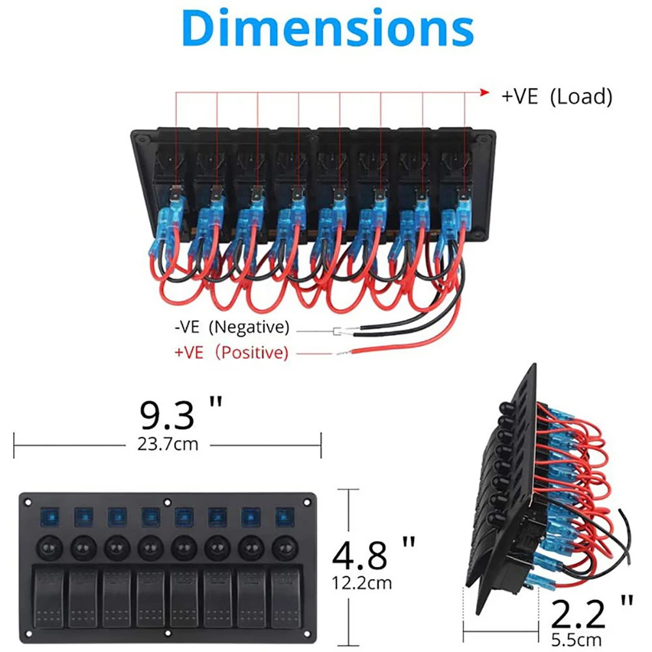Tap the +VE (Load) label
pyautogui.click(x=557, y=97)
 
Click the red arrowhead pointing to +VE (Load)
pyautogui.click(x=484, y=93)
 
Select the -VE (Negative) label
pyautogui.click(x=232, y=326)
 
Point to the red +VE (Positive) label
pyautogui.click(x=231, y=353)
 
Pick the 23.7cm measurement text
pyautogui.click(x=168, y=445)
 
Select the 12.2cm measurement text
pyautogui.click(x=363, y=581)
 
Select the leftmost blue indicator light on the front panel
pyautogui.click(x=50, y=517)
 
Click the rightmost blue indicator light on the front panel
pyautogui.click(x=283, y=517)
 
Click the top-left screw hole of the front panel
pyautogui.click(x=28, y=503)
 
